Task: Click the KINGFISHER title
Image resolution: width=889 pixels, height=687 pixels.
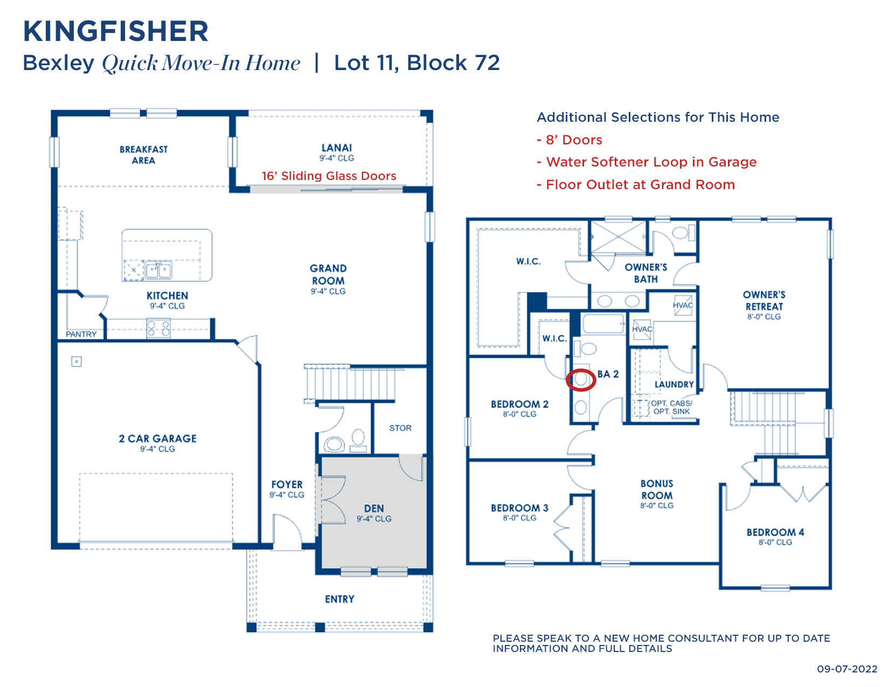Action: pyautogui.click(x=115, y=31)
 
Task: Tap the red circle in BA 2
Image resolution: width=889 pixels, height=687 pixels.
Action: pyautogui.click(x=581, y=380)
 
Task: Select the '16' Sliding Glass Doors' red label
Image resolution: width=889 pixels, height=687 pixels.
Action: pyautogui.click(x=329, y=176)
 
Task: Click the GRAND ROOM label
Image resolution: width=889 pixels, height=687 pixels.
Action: pyautogui.click(x=328, y=274)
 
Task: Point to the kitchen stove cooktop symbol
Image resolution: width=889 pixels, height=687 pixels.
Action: pyautogui.click(x=158, y=328)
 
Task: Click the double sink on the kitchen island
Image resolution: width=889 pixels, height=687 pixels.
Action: pyautogui.click(x=158, y=270)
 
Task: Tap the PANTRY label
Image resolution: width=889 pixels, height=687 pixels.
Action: pyautogui.click(x=81, y=335)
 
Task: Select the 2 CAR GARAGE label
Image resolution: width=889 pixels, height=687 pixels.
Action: pyautogui.click(x=157, y=439)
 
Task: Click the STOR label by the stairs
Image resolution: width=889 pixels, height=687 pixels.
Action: pyautogui.click(x=400, y=428)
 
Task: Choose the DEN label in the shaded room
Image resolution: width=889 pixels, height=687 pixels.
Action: pyautogui.click(x=373, y=509)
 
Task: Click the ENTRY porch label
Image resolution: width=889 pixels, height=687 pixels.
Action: pyautogui.click(x=339, y=599)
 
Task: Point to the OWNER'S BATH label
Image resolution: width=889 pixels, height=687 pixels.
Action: pyautogui.click(x=645, y=273)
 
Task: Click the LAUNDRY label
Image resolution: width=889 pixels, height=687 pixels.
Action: pyautogui.click(x=673, y=385)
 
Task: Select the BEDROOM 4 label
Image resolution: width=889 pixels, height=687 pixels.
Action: pyautogui.click(x=775, y=532)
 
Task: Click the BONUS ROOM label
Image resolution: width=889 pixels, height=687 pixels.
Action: pyautogui.click(x=656, y=490)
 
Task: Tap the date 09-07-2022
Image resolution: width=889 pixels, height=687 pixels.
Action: pyautogui.click(x=847, y=669)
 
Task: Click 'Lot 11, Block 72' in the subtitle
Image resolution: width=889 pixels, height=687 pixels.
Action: pyautogui.click(x=416, y=63)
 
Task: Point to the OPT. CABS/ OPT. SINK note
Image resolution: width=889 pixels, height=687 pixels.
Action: pyautogui.click(x=671, y=407)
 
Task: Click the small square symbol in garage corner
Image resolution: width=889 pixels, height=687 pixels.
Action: pyautogui.click(x=77, y=362)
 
